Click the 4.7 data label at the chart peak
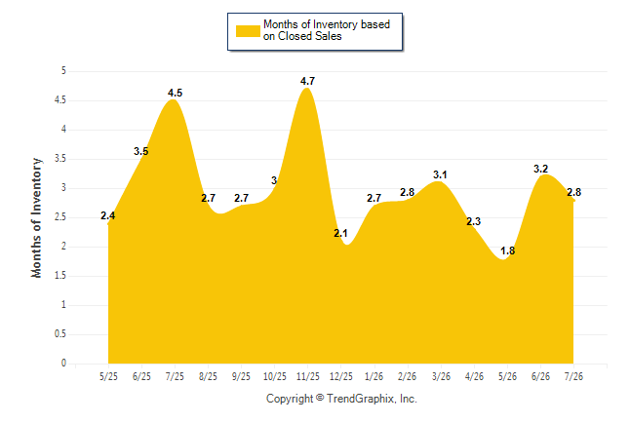(x=307, y=81)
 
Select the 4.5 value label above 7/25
(x=175, y=93)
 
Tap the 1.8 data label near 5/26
(x=507, y=250)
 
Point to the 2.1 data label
(x=340, y=233)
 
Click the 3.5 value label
(x=141, y=151)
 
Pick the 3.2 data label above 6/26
(x=541, y=169)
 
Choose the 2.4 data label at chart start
(x=107, y=215)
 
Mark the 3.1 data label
(x=440, y=174)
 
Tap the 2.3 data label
(x=473, y=221)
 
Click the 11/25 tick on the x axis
(x=308, y=376)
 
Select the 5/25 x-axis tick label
(x=108, y=376)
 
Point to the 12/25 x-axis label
(x=341, y=376)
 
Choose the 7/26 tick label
(x=573, y=376)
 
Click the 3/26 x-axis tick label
(x=441, y=376)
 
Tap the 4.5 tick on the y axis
(x=60, y=100)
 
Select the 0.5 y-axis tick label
(x=60, y=334)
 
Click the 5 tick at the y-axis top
(x=63, y=71)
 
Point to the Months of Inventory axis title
(x=36, y=217)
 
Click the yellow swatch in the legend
(x=248, y=31)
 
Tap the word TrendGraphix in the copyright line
(x=362, y=399)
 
